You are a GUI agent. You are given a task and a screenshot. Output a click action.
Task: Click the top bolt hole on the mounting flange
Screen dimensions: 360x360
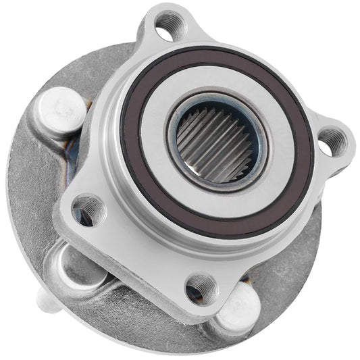pyautogui.click(x=167, y=28)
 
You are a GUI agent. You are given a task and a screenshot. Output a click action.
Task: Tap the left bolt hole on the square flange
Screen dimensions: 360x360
pyautogui.click(x=89, y=208)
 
